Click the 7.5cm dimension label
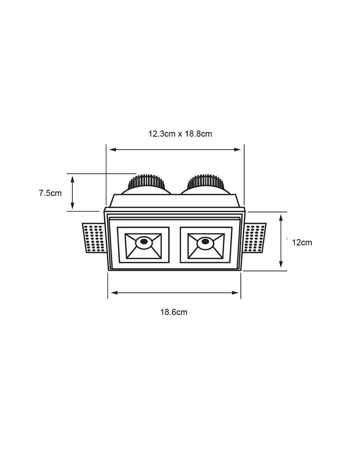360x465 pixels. (50, 193)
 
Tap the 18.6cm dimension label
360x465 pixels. (174, 312)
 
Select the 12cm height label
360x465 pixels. (302, 243)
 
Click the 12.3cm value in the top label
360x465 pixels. (162, 134)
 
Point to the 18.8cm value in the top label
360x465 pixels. (198, 134)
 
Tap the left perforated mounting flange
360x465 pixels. (94, 238)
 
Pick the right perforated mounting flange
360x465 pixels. (255, 238)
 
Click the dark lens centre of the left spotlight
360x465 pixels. (144, 241)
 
